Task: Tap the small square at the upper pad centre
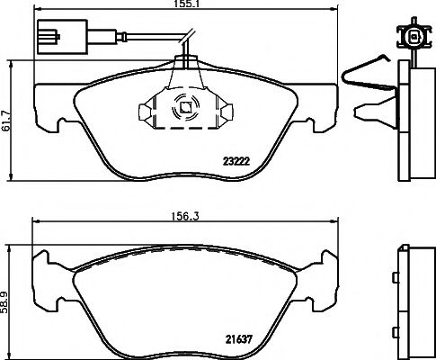point(184,110)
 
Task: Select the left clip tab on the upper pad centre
point(145,112)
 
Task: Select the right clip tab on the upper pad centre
point(225,111)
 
